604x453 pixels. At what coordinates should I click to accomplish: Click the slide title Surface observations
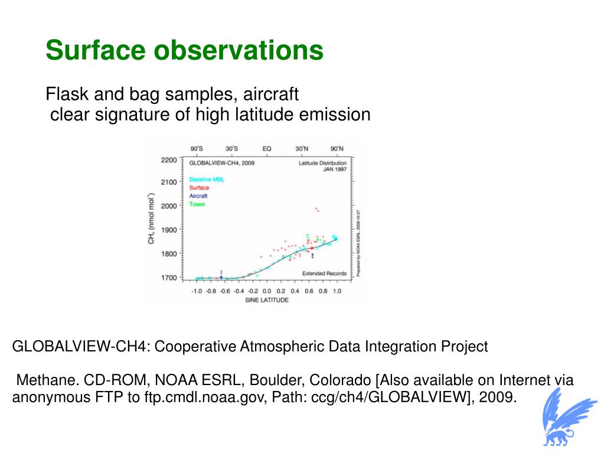[x=184, y=50]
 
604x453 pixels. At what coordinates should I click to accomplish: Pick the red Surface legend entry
[x=199, y=188]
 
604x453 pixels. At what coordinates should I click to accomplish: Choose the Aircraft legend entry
[x=198, y=196]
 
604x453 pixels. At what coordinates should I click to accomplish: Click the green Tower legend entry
[x=197, y=204]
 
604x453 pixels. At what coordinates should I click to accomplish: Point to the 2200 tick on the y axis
[x=168, y=160]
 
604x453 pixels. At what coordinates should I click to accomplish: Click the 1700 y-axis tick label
[x=168, y=278]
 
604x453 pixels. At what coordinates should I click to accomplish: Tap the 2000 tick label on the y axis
[x=168, y=206]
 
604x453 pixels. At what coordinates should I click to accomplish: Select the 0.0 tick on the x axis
[x=266, y=291]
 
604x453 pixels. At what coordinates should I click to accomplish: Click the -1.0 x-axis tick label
[x=196, y=291]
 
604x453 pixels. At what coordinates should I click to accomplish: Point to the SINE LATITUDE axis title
[x=267, y=300]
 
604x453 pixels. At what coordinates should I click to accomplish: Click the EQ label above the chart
[x=267, y=149]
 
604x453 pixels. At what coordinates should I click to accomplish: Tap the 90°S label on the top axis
[x=197, y=149]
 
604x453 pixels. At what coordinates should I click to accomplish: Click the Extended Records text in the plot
[x=325, y=273]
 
